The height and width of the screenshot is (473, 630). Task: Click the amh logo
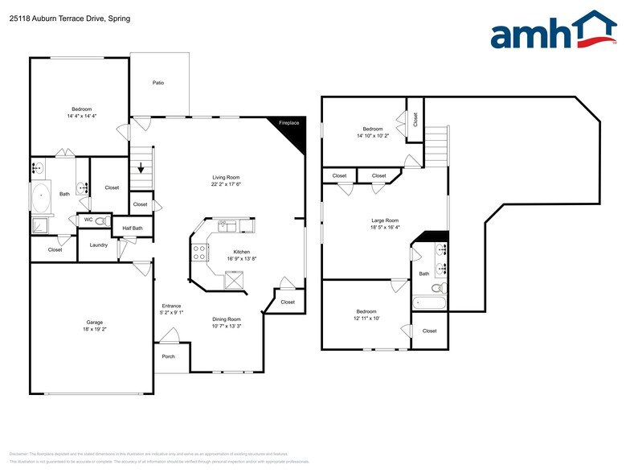pyautogui.click(x=553, y=31)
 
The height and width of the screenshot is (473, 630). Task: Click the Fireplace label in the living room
pyautogui.click(x=288, y=123)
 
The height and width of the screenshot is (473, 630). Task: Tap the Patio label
pyautogui.click(x=158, y=83)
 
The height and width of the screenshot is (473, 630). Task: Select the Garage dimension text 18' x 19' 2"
pyautogui.click(x=89, y=329)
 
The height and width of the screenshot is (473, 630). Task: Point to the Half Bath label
pyautogui.click(x=133, y=228)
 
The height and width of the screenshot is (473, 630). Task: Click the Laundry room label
pyautogui.click(x=99, y=245)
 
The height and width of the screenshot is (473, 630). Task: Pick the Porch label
pyautogui.click(x=168, y=356)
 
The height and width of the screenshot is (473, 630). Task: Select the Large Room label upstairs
pyautogui.click(x=384, y=220)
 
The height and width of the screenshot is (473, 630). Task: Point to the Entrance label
pyautogui.click(x=171, y=306)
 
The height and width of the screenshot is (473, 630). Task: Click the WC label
pyautogui.click(x=88, y=220)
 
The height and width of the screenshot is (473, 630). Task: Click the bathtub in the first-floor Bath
pyautogui.click(x=41, y=195)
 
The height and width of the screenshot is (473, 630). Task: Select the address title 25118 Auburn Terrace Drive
pyautogui.click(x=69, y=18)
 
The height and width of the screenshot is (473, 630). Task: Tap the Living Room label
pyautogui.click(x=226, y=177)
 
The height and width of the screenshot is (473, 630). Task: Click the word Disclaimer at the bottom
pyautogui.click(x=21, y=454)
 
